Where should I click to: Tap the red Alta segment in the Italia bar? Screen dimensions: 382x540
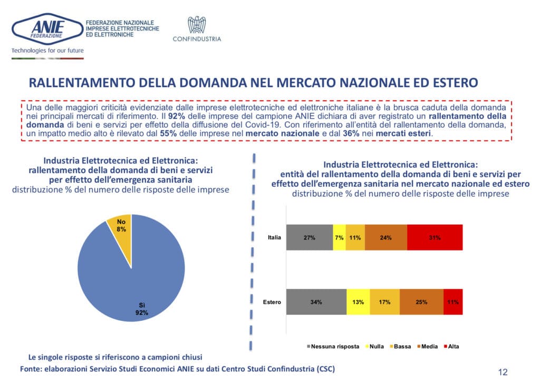[435, 237]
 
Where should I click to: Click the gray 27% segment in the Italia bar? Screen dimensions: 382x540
[309, 237]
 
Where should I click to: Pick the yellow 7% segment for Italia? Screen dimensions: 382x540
[339, 237]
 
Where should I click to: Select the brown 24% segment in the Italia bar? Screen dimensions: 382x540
[385, 237]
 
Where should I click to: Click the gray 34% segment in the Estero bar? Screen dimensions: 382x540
[316, 302]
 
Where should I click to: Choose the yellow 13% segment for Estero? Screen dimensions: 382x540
[358, 302]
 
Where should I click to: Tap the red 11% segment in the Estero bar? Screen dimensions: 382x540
[453, 302]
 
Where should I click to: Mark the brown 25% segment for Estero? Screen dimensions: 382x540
[421, 302]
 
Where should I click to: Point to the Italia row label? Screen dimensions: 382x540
[274, 237]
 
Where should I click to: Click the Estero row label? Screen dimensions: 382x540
[272, 302]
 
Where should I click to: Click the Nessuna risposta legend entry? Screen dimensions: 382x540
[333, 347]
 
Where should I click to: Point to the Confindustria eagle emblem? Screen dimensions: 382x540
[197, 25]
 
